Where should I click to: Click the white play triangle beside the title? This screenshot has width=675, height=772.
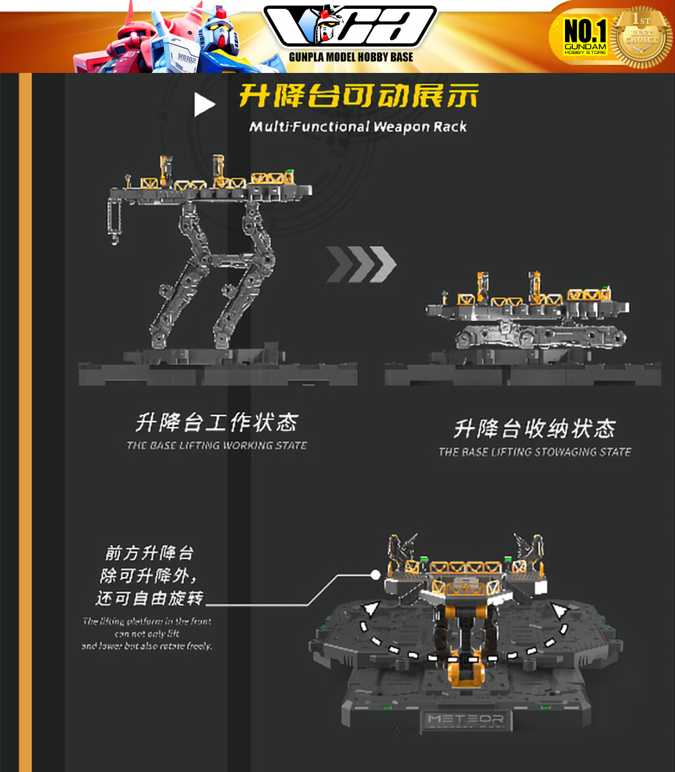[204, 105]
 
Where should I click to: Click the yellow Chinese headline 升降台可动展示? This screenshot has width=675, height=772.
[358, 97]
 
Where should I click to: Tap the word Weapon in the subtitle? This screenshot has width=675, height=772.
[401, 126]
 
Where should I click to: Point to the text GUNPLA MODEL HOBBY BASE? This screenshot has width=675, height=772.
[351, 57]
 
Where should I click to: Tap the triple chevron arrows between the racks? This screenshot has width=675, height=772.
[361, 265]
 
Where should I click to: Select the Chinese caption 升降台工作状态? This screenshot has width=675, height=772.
[216, 423]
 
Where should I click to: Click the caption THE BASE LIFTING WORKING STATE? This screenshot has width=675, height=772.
[216, 446]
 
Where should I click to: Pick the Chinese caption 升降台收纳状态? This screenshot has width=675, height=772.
[535, 429]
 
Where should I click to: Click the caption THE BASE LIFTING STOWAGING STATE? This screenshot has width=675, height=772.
[535, 452]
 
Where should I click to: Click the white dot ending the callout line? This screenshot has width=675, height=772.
[375, 575]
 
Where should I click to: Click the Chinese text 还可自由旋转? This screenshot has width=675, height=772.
[150, 598]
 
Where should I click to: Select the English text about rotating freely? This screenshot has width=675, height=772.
[147, 634]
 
